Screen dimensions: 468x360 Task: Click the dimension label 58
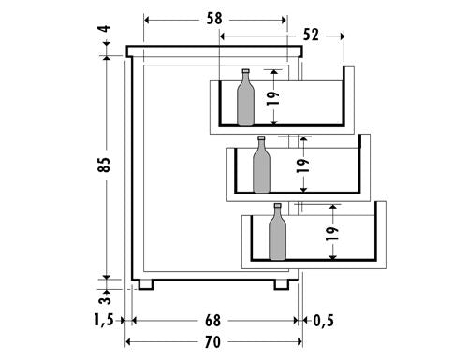click(214, 19)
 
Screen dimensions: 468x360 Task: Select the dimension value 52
click(311, 35)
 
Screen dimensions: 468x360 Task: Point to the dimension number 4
click(106, 29)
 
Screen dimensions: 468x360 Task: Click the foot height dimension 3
click(105, 300)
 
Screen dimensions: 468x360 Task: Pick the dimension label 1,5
click(104, 320)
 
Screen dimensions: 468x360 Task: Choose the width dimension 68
click(213, 321)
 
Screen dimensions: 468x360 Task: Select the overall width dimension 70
click(213, 342)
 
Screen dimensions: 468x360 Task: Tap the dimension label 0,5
click(324, 321)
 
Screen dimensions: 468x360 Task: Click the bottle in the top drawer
click(246, 97)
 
